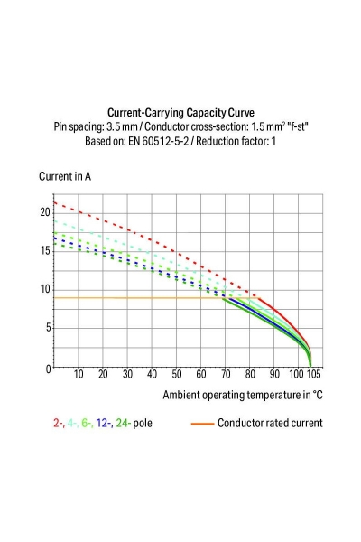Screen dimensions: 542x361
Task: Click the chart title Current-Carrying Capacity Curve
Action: [180, 113]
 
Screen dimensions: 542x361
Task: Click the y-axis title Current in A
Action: [64, 176]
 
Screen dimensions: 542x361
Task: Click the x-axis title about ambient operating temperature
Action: [243, 396]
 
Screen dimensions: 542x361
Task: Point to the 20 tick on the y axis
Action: [44, 211]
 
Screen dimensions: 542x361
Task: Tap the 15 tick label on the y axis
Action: [44, 250]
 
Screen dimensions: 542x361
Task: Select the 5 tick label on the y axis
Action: [47, 329]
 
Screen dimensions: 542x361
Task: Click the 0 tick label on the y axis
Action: [47, 368]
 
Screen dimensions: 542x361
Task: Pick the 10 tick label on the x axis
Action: [78, 375]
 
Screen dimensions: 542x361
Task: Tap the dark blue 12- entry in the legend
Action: [105, 423]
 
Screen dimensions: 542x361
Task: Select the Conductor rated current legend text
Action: [270, 423]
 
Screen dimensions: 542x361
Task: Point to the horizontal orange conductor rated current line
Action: [135, 297]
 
